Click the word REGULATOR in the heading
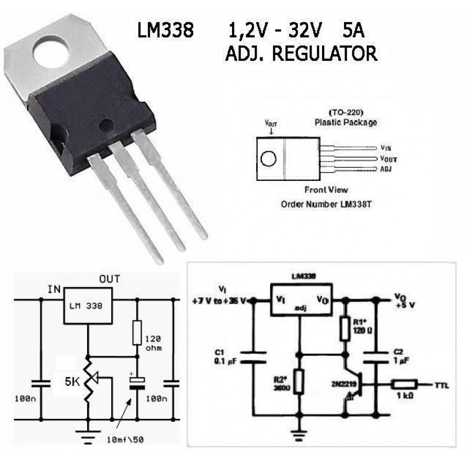pyautogui.click(x=324, y=53)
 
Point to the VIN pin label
pyautogui.click(x=386, y=147)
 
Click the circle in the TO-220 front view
pyautogui.click(x=268, y=158)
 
